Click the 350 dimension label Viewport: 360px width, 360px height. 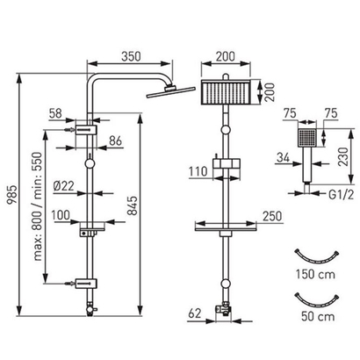point(131,56)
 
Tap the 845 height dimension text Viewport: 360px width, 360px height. point(133,205)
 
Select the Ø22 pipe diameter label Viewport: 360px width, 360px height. point(64,186)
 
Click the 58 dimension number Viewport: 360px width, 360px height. point(55,113)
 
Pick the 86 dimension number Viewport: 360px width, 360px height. point(115,140)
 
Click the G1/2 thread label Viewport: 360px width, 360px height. point(341,194)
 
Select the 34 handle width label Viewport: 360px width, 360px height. point(283,158)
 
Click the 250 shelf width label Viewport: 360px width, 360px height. point(272,216)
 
